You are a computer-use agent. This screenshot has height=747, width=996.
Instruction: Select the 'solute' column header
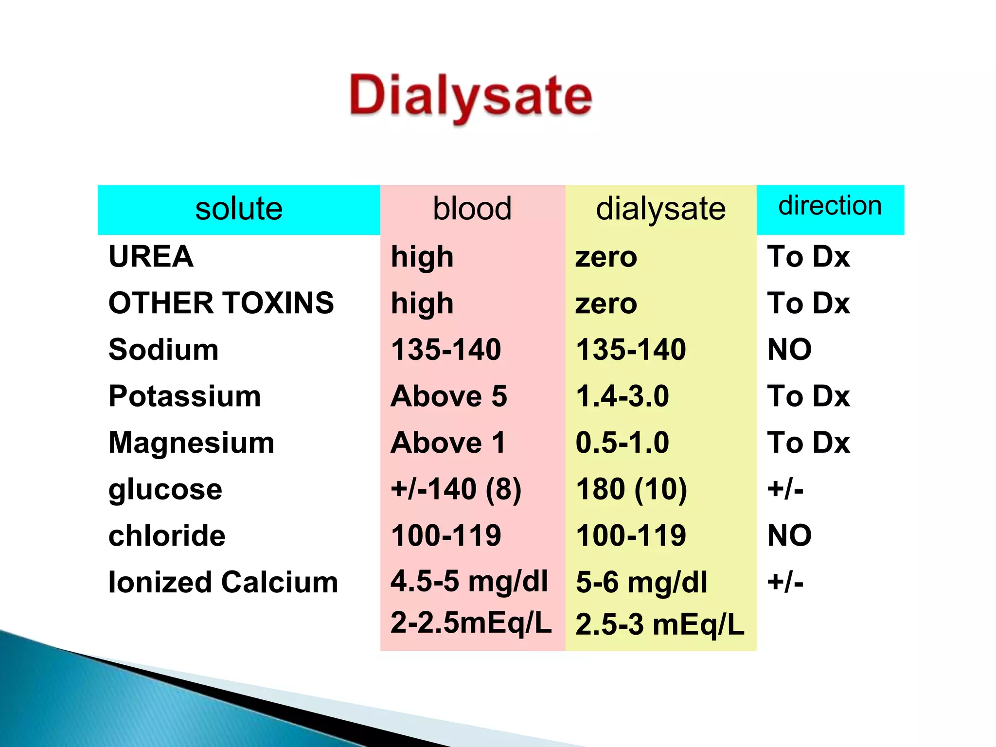[239, 209]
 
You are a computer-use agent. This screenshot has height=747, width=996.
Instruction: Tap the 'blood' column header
[472, 209]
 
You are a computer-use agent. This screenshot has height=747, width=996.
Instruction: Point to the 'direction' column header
[830, 206]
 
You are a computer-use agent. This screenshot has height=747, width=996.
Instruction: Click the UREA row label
[151, 257]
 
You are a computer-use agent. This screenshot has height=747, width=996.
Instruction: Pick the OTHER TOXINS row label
[221, 303]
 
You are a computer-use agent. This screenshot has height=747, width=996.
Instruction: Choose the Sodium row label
[163, 350]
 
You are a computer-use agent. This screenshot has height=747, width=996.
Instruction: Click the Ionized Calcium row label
[223, 582]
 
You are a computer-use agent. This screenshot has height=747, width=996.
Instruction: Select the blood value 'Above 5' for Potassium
[449, 396]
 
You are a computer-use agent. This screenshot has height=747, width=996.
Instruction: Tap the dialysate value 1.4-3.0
[622, 396]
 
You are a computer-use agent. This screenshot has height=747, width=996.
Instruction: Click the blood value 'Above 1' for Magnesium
[448, 443]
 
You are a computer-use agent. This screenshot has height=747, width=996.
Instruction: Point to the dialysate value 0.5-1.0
[622, 443]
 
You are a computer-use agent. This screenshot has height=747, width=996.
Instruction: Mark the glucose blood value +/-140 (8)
[456, 489]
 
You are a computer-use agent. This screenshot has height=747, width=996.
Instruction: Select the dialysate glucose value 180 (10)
[631, 489]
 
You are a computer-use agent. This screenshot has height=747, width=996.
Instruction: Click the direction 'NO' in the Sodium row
[789, 350]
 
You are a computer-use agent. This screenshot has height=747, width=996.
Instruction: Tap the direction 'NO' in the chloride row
[789, 535]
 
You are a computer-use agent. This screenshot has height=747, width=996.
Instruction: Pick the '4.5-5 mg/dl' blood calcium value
[469, 582]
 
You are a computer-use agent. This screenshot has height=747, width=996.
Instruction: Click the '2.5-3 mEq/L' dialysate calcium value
[659, 624]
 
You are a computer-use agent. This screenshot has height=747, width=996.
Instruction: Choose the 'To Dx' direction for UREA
[808, 257]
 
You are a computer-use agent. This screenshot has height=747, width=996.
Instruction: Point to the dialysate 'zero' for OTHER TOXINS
[606, 303]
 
